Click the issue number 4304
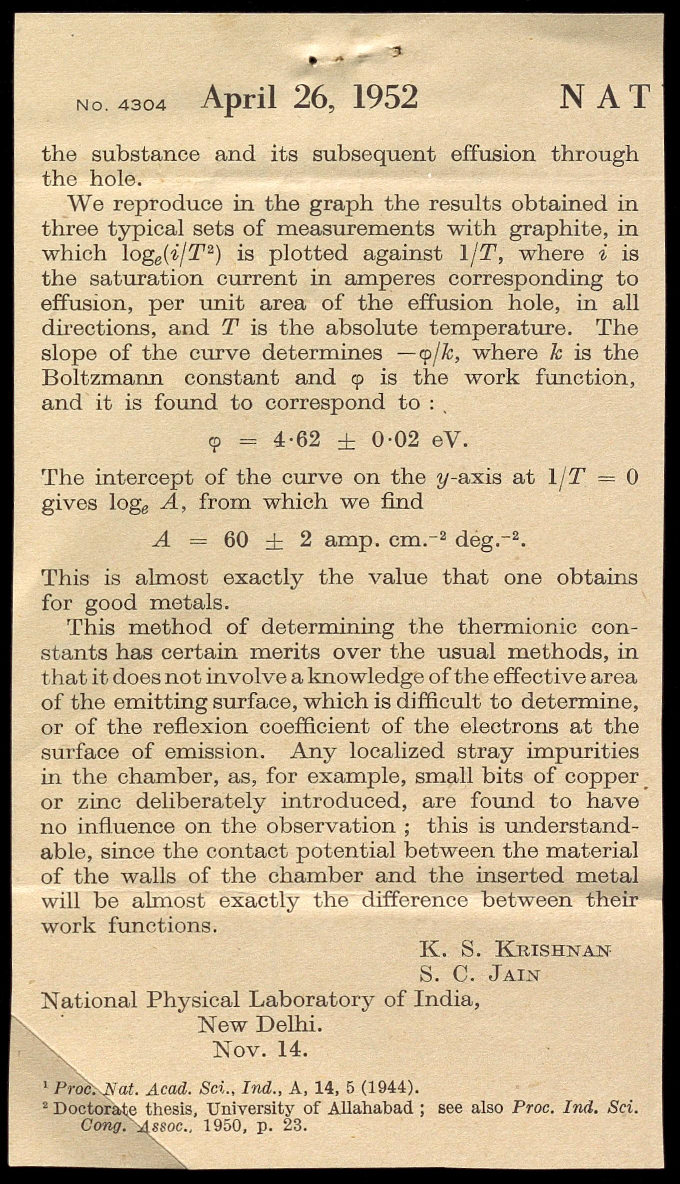[142, 105]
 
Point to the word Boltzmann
[102, 377]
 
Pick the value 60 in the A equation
[236, 540]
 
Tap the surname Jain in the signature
[514, 974]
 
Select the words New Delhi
[260, 1025]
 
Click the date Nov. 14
[260, 1050]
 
